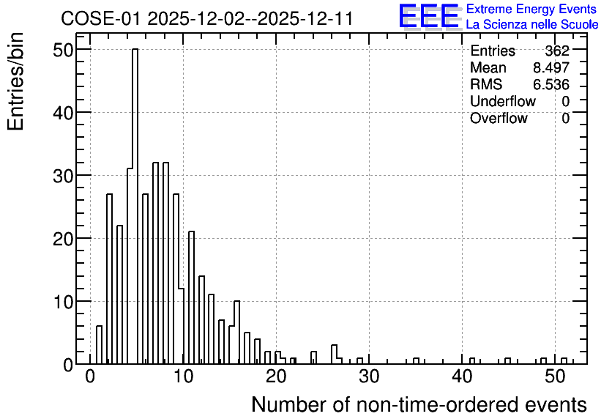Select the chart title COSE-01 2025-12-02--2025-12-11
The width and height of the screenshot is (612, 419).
pos(207,18)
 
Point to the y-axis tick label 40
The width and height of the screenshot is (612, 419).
pos(63,113)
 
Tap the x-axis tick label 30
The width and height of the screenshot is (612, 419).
pos(369,377)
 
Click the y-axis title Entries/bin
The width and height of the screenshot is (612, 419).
pos(15,82)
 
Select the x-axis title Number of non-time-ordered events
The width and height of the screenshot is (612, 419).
pos(419,404)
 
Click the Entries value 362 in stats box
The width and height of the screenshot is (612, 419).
pos(557,51)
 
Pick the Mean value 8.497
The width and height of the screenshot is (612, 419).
pos(551,67)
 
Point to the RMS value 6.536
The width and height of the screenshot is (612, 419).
pos(551,84)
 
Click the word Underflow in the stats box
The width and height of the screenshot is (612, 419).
pos(503,101)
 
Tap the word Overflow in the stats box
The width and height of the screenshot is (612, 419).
pos(499,118)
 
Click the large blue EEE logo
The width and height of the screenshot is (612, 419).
pos(429,16)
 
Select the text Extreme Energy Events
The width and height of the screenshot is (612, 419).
pos(531,9)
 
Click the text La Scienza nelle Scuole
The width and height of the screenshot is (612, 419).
pos(532,24)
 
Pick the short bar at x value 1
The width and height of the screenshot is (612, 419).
pos(99,345)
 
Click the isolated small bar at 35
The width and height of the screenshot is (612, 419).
pos(416,361)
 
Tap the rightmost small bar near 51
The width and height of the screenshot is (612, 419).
pos(564,361)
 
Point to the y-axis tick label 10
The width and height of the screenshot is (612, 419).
pos(63,302)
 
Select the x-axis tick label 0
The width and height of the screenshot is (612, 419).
pos(90,377)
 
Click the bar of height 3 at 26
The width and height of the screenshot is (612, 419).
pos(334,355)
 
